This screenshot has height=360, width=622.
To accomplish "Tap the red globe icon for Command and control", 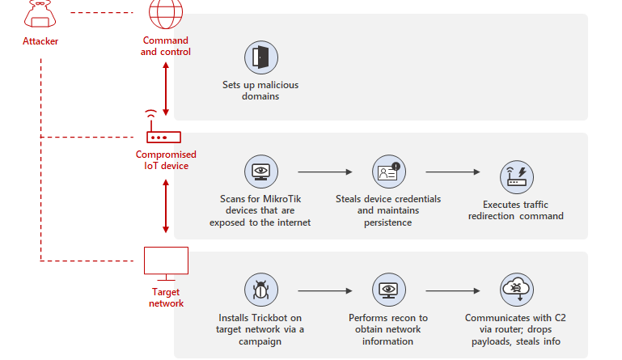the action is click(x=166, y=14).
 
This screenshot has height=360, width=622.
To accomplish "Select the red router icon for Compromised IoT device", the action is click(x=163, y=127).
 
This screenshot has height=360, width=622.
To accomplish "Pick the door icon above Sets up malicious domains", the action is click(x=261, y=57).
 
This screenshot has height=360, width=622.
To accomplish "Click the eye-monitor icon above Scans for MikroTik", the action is click(x=261, y=172).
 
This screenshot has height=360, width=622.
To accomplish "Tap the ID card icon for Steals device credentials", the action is click(x=389, y=172).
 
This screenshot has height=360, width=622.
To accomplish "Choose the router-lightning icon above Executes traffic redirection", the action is click(x=517, y=177).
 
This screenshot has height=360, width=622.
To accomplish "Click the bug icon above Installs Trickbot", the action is click(x=261, y=290).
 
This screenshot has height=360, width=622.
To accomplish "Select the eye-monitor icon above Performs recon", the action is click(x=389, y=290).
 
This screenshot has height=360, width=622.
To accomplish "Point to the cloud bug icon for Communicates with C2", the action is click(x=517, y=290).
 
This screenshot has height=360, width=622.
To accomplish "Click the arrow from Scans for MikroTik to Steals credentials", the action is click(x=325, y=172).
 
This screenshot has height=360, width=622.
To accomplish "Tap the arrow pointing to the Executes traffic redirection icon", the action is click(x=453, y=172).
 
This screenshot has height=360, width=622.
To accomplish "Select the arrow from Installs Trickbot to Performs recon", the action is click(x=325, y=291).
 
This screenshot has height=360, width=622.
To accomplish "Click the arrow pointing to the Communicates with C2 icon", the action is click(x=453, y=291).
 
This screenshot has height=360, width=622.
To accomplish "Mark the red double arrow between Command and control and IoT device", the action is click(x=166, y=89).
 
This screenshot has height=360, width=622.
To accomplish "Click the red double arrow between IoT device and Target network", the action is click(x=166, y=206).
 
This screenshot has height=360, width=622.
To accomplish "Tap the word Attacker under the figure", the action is click(x=40, y=41).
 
